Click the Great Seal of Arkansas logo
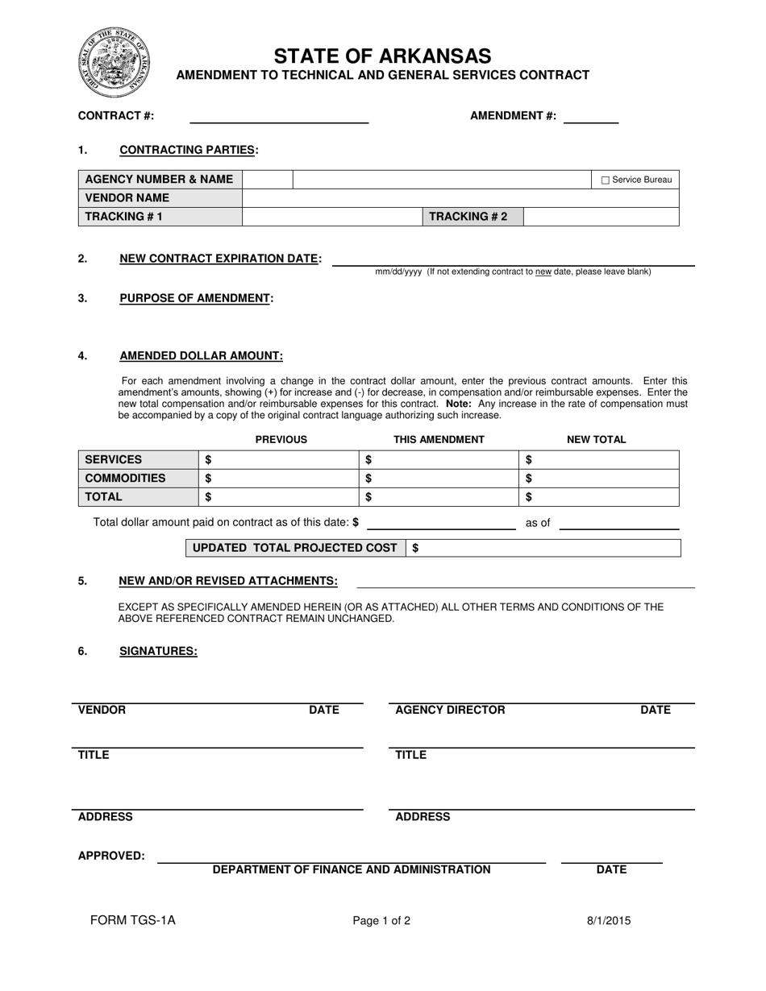tap(114, 61)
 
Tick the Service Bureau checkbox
tap(606, 180)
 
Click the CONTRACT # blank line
tap(278, 117)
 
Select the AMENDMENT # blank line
tap(590, 117)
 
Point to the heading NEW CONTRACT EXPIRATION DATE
tap(219, 259)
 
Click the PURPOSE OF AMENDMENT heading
tap(195, 298)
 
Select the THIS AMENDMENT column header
tap(439, 440)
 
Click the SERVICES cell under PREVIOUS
tap(278, 460)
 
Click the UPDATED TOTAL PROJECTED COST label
tap(295, 548)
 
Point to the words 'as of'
tap(538, 523)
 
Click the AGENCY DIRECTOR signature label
tap(450, 710)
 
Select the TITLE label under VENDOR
tap(94, 755)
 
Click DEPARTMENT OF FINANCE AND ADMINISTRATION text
tap(351, 869)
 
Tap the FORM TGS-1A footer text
tap(132, 920)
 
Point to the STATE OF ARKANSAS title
tap(382, 56)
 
